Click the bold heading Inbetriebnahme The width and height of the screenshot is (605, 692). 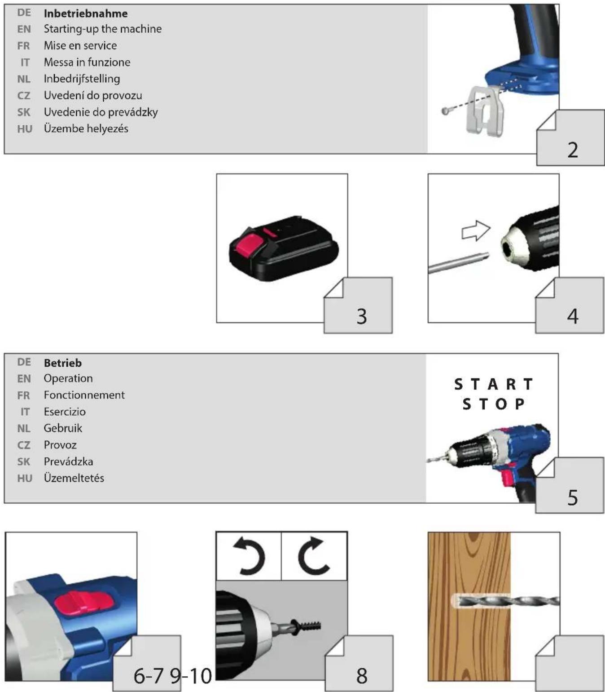click(86, 13)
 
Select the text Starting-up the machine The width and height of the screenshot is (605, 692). click(103, 29)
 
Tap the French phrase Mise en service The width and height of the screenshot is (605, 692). click(80, 46)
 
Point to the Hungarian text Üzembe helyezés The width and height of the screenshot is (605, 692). click(86, 129)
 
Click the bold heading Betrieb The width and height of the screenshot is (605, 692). click(63, 363)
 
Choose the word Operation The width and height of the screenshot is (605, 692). click(68, 378)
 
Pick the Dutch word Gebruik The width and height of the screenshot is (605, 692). click(63, 428)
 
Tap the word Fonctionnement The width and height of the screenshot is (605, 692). click(84, 395)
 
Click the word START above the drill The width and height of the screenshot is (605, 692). click(494, 385)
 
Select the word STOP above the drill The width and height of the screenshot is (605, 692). click(494, 404)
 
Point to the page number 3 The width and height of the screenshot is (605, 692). click(362, 317)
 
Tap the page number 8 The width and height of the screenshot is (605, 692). click(362, 676)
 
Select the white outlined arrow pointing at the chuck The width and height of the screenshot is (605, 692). click(476, 231)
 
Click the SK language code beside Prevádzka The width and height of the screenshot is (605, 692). click(24, 461)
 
